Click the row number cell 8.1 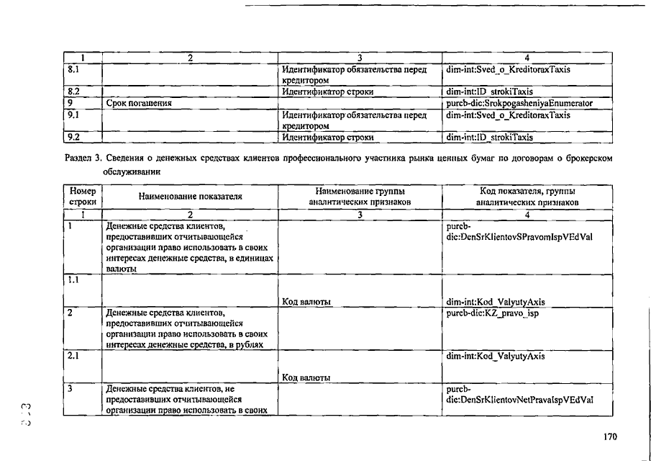pos(73,71)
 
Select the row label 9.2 pos(73,135)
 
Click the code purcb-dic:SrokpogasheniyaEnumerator pos(519,103)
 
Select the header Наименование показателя pos(190,196)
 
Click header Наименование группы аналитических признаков pos(359,197)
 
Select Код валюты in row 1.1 pos(306,302)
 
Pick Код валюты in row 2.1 pos(306,377)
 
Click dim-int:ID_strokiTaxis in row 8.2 pos(489,92)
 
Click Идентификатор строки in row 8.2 pos(327,92)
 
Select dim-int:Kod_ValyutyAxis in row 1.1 pos(496,302)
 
